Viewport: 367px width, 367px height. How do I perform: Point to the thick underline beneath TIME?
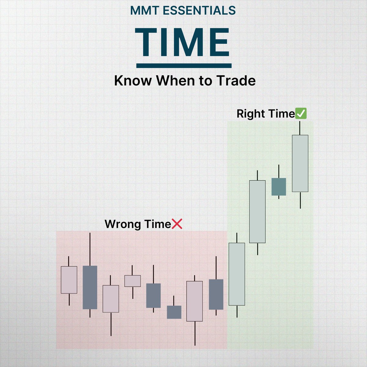tap(183, 65)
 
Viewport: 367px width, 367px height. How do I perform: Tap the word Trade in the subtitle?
tap(236, 81)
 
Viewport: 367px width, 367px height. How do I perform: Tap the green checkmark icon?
tap(301, 114)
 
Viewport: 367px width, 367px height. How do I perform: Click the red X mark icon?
tap(177, 224)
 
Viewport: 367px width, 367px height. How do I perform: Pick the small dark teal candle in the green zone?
tap(279, 187)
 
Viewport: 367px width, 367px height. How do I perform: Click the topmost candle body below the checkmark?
tap(300, 163)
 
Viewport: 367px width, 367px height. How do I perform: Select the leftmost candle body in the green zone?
tap(237, 274)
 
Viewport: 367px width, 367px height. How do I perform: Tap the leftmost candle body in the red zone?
tap(69, 280)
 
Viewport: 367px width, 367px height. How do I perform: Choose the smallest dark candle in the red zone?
tap(174, 312)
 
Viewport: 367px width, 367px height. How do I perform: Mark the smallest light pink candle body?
tap(132, 281)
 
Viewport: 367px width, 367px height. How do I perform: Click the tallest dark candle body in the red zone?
tap(90, 287)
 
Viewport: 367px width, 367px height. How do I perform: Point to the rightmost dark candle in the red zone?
tap(216, 294)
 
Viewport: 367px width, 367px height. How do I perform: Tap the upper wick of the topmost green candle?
tap(300, 128)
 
